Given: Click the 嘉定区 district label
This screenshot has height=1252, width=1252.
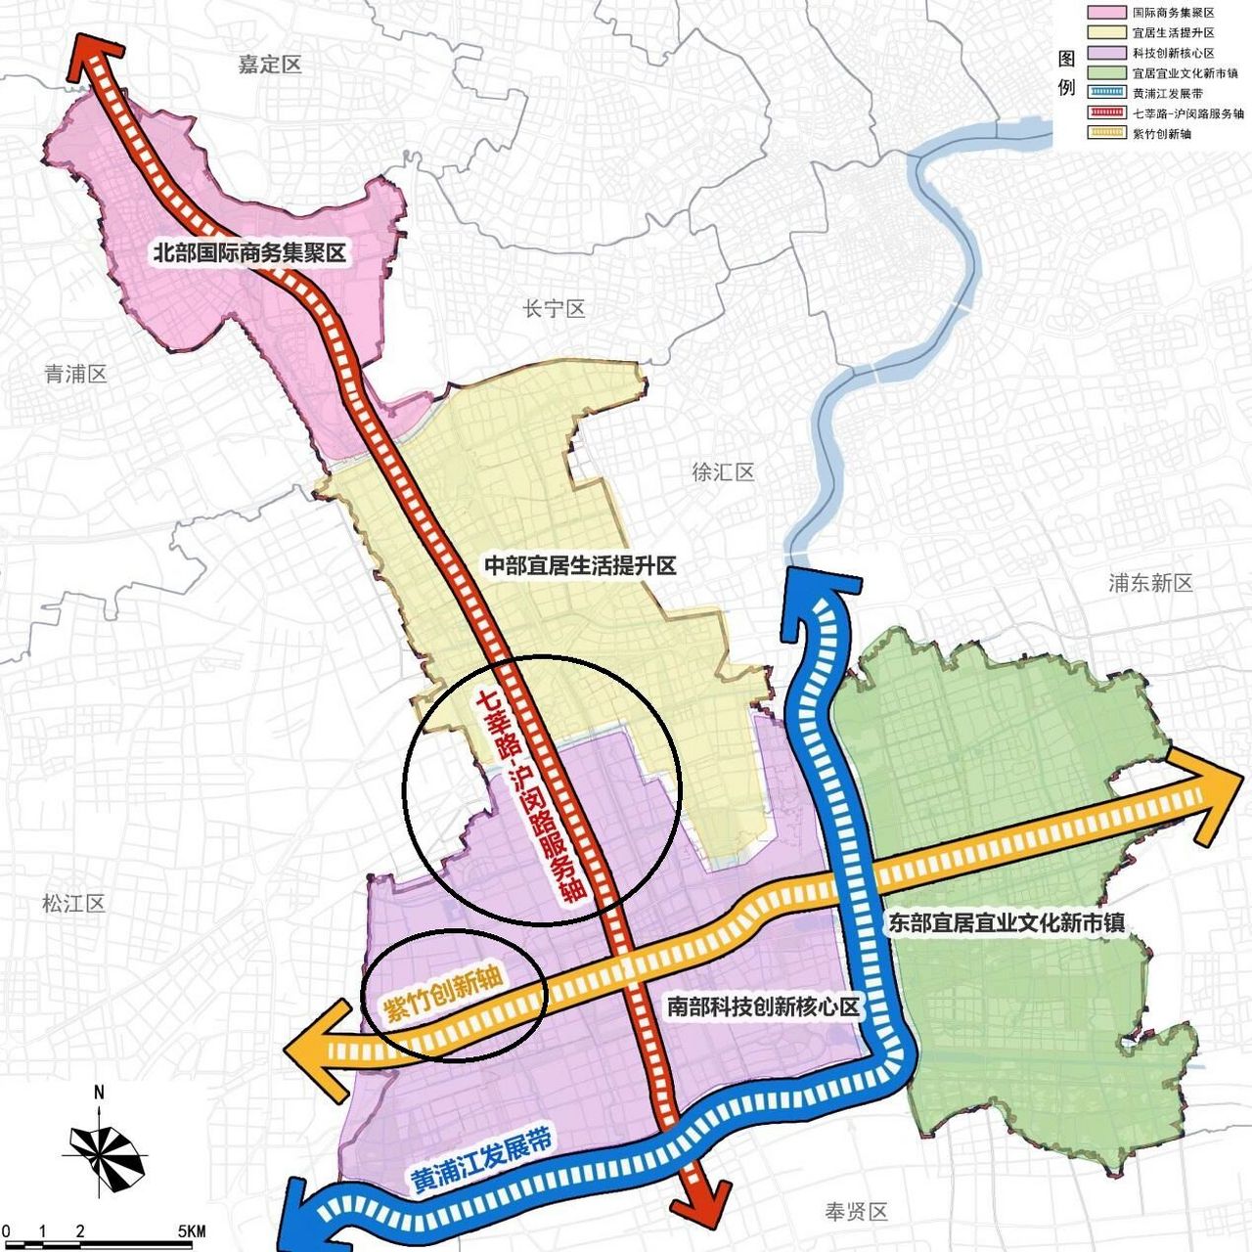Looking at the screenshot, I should (x=270, y=66).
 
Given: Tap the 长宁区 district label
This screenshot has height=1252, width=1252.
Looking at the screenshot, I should (x=554, y=310).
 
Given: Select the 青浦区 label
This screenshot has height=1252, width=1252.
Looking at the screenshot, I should (x=75, y=374).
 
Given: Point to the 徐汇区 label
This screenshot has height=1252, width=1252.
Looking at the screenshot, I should (x=723, y=472).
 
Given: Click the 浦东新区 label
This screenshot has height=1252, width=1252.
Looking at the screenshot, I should (x=1150, y=583).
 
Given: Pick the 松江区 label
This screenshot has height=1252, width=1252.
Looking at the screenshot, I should (x=73, y=903).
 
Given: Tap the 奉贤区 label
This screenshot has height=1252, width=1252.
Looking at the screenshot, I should (x=856, y=1212).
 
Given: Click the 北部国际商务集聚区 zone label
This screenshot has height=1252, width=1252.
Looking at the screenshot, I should (x=249, y=253).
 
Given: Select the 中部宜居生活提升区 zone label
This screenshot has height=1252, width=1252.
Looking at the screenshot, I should (x=581, y=565).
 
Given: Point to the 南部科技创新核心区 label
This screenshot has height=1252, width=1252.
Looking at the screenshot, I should (x=763, y=1006).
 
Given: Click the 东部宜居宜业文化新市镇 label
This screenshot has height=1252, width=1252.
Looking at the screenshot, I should (x=1006, y=922).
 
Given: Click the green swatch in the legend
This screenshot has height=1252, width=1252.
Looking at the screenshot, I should (x=1104, y=72).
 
